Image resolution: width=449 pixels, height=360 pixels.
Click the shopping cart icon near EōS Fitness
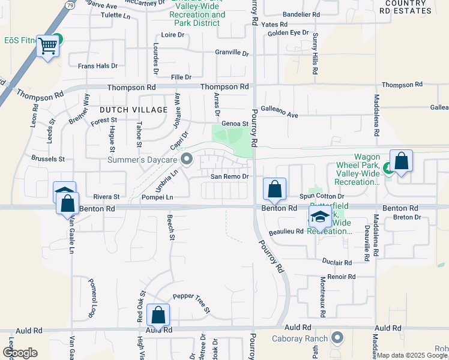point(47,46)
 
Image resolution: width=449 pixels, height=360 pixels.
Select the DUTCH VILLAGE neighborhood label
point(133,110)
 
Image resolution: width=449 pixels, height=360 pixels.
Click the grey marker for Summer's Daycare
point(187,160)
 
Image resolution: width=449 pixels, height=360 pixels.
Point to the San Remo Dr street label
point(229,176)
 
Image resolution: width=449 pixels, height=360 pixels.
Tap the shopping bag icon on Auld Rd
point(158,314)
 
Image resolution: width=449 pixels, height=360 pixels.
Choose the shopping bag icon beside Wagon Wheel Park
point(401,161)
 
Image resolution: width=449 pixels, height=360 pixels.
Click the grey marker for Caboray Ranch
point(337,338)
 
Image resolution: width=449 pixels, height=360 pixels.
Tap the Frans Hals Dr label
point(97,66)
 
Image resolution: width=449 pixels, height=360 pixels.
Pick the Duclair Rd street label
point(337,262)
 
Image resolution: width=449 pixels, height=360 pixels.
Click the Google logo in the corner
point(20,353)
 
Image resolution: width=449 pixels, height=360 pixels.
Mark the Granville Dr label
point(232,53)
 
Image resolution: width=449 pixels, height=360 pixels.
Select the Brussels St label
point(47,159)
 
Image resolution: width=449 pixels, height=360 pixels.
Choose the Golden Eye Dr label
point(288,32)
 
